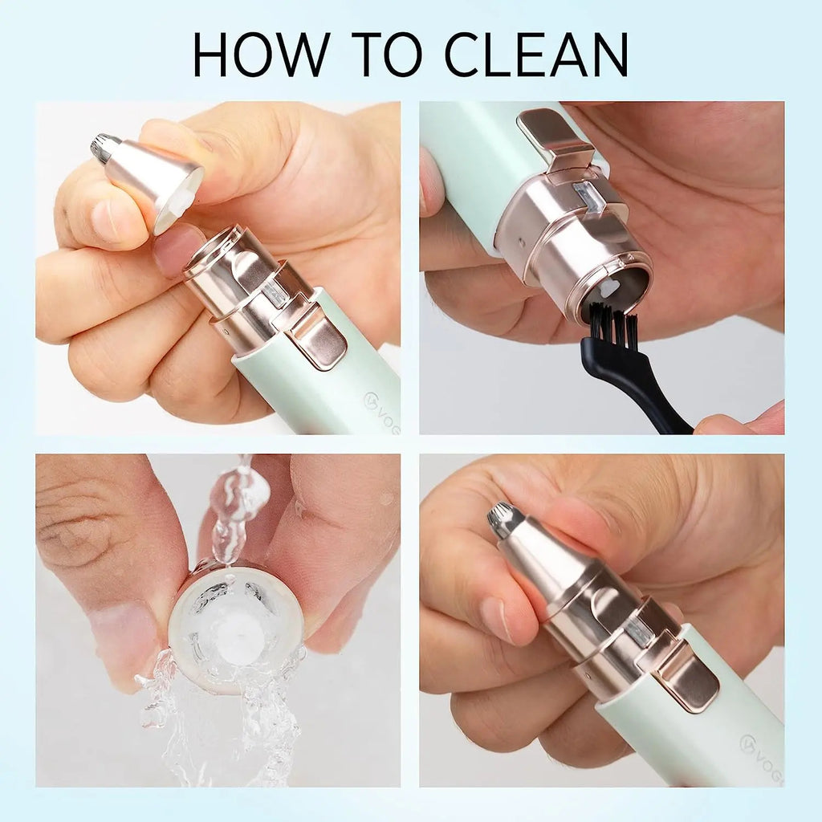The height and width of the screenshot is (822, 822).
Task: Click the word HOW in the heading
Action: click(262, 55)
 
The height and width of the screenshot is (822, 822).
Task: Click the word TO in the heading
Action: click(386, 55)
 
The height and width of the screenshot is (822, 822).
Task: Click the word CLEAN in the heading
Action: click(535, 55)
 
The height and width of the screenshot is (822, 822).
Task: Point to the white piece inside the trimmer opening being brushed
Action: click(608, 287)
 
